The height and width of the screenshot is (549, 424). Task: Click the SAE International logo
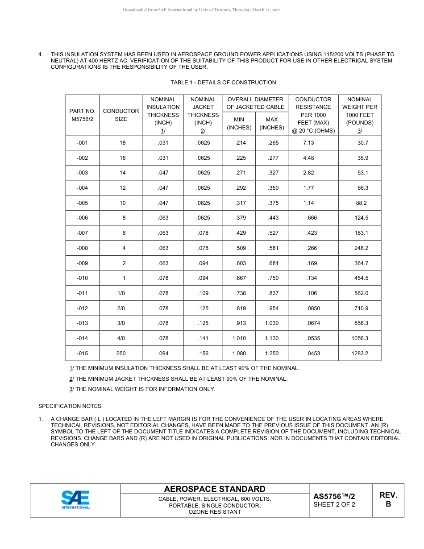75,500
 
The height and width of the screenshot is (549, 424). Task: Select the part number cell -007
82,233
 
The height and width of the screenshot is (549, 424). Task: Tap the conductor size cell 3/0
121,323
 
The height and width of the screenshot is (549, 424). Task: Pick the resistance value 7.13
308,143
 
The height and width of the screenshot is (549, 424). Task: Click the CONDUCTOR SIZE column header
121,115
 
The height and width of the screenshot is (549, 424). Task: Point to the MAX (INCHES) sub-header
271,123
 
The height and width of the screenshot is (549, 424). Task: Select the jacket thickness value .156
203,353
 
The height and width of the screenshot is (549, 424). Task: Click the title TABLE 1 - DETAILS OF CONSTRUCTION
223,83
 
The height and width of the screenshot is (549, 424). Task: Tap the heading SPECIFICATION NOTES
70,406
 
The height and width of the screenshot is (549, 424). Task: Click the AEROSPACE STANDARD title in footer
215,489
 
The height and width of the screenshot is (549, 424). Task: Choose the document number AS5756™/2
334,496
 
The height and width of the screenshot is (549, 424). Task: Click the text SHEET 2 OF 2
334,505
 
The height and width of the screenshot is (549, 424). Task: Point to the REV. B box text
388,499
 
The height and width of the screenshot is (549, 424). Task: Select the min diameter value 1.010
239,338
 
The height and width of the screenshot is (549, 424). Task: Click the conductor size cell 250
121,353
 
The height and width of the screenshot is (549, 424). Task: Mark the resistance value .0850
313,308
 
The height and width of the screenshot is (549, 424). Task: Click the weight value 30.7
362,143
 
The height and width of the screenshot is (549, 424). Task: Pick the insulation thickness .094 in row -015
163,353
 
